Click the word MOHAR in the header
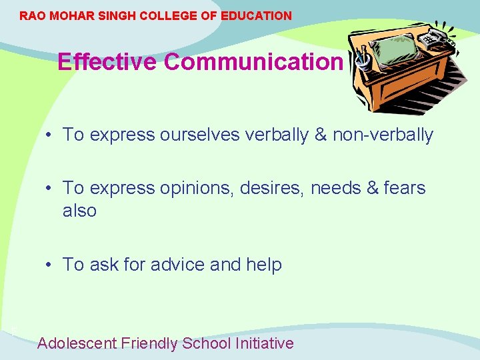pos(70,15)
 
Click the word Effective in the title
pos(107,62)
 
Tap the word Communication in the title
pos(253,62)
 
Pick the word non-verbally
pos(383,135)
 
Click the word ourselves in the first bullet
pos(200,135)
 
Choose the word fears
pos(404,189)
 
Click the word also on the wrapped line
pos(79,211)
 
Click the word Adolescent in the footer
pos(77,343)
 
